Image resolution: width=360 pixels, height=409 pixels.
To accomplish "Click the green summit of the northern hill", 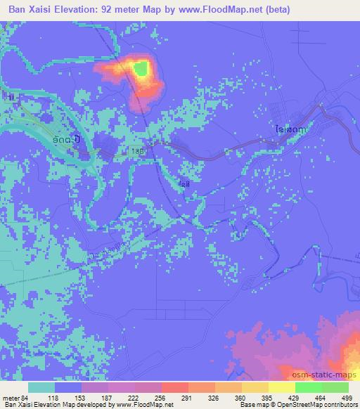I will coord(141,68).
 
